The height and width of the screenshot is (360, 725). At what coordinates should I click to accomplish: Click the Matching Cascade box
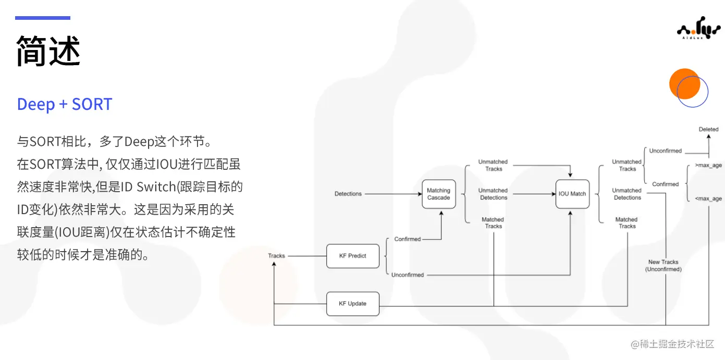[x=438, y=194]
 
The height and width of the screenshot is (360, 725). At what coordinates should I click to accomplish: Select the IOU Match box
[x=572, y=194]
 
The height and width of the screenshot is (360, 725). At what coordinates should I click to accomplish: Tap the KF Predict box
[x=353, y=256]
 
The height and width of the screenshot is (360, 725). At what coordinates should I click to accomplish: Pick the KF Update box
[x=353, y=304]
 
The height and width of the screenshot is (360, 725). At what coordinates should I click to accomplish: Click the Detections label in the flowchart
[x=348, y=194]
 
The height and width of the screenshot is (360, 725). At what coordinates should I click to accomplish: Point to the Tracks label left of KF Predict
[x=276, y=256]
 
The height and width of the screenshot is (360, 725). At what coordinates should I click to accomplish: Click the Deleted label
[x=708, y=129]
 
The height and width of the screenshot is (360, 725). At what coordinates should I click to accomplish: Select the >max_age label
[x=708, y=166]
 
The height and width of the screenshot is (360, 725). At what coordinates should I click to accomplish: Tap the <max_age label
[x=708, y=198]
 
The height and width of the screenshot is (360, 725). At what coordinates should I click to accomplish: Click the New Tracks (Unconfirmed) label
[x=663, y=266]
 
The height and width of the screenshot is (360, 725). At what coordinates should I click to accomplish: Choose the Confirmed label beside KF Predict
[x=407, y=239]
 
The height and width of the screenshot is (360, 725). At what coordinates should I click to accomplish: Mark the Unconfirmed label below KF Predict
[x=407, y=275]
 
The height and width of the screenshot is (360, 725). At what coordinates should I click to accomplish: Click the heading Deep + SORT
[x=65, y=104]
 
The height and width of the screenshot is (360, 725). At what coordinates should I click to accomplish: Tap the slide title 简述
[x=48, y=51]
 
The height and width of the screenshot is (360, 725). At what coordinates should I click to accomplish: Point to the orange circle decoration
[x=683, y=83]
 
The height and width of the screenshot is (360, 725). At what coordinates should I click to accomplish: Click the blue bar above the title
[x=42, y=18]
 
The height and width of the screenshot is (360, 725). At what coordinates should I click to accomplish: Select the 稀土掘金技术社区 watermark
[x=672, y=344]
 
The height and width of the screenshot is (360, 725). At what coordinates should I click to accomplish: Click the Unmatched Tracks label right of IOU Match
[x=627, y=165]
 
